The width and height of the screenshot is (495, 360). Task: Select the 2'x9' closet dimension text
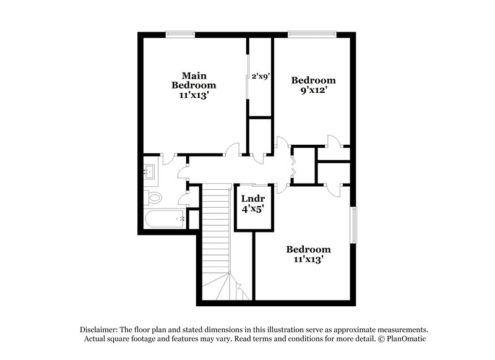click(260, 77)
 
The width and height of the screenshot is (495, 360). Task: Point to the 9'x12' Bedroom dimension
click(314, 90)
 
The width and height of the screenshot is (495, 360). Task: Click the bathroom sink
click(150, 171)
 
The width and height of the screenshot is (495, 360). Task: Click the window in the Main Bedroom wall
click(180, 34)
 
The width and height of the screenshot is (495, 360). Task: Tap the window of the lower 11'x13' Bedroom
click(355, 225)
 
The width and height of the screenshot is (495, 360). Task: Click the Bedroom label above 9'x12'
click(314, 80)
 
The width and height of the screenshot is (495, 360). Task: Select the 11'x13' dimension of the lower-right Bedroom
click(308, 260)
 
